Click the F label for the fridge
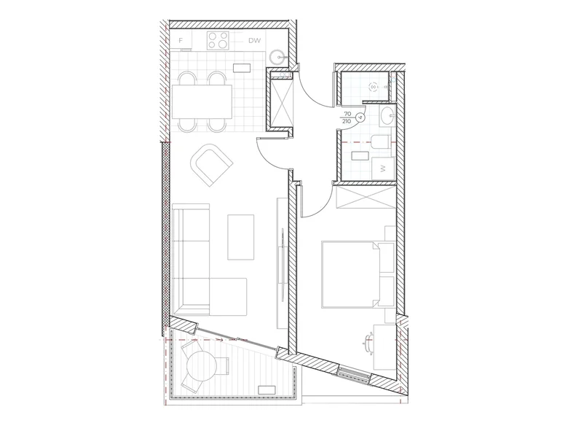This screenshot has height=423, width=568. pyautogui.click(x=181, y=41)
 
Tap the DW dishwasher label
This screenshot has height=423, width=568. pyautogui.click(x=255, y=41)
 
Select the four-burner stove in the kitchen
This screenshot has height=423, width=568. pyautogui.click(x=218, y=40)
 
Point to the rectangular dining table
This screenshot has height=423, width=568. pyautogui.click(x=202, y=101)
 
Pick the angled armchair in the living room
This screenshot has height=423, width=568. pyautogui.click(x=211, y=165)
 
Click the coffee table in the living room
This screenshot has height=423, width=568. pyautogui.click(x=240, y=237)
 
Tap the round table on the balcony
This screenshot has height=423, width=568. pyautogui.click(x=201, y=366)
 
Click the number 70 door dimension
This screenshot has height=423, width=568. pyautogui.click(x=347, y=115)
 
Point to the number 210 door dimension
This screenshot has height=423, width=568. pyautogui.click(x=347, y=122)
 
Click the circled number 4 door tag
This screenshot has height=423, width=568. pyautogui.click(x=360, y=117)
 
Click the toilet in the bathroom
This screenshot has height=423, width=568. pyautogui.click(x=381, y=141)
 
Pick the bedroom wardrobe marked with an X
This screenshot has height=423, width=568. pyautogui.click(x=366, y=198)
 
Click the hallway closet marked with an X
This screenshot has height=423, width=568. pyautogui.click(x=282, y=103)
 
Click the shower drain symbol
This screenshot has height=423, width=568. pyautogui.click(x=373, y=87)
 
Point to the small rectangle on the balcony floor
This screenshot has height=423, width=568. pyautogui.click(x=267, y=390)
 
